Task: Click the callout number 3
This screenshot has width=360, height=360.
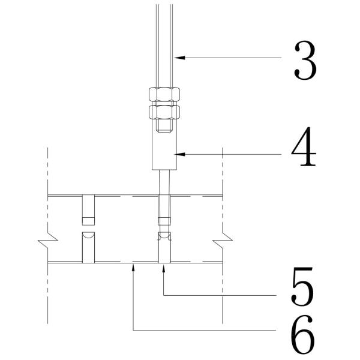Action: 305,61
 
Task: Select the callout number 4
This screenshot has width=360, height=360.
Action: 304,146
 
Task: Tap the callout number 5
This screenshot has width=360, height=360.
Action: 302,286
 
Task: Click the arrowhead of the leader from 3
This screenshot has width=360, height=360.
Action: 179,58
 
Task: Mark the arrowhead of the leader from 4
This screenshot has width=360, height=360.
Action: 179,154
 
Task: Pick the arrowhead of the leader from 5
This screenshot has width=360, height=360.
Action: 164,268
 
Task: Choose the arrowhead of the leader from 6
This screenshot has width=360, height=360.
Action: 133,268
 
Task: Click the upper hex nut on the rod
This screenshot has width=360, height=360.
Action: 164,94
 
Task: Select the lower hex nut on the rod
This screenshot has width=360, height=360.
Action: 164,112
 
